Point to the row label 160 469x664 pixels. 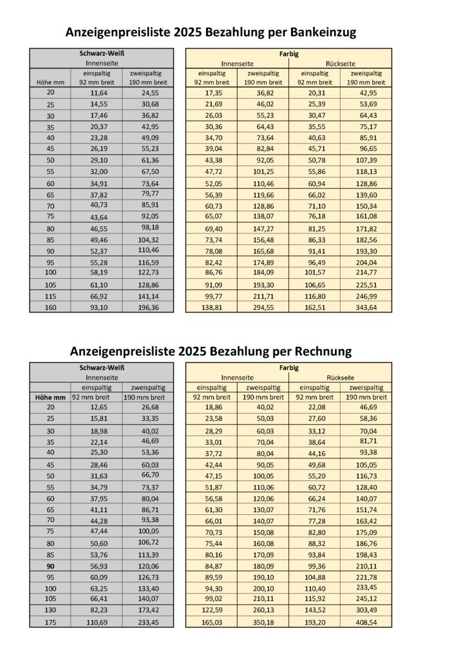tap(51, 307)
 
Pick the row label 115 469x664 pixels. tap(51, 296)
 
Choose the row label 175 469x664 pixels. tap(51, 622)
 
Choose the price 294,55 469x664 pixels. tap(263, 307)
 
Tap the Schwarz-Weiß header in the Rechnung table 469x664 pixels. tap(102, 368)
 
